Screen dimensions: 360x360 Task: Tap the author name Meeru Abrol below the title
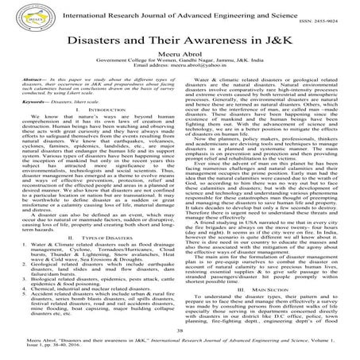(x=180, y=56)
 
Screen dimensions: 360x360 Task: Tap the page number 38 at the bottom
(x=180, y=330)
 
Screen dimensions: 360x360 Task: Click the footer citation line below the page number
(x=180, y=344)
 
